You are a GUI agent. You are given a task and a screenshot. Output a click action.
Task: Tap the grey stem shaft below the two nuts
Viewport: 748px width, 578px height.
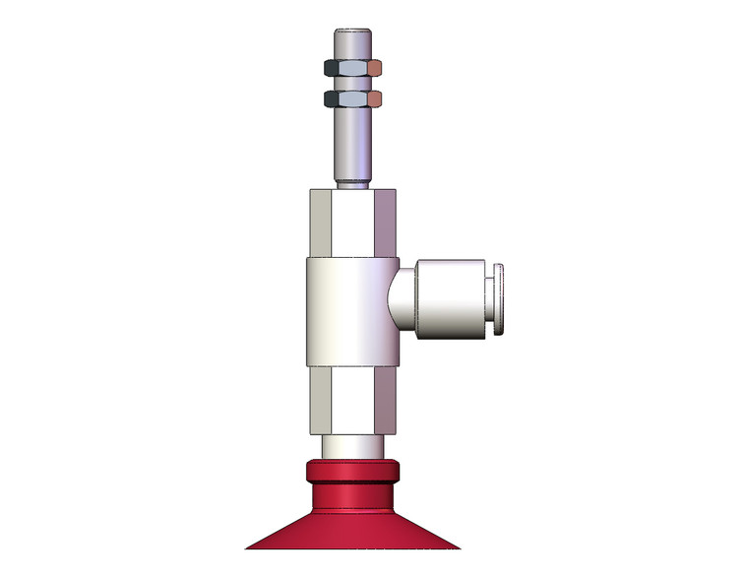(351, 143)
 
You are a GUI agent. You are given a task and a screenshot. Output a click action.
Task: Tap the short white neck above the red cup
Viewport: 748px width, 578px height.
(351, 448)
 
